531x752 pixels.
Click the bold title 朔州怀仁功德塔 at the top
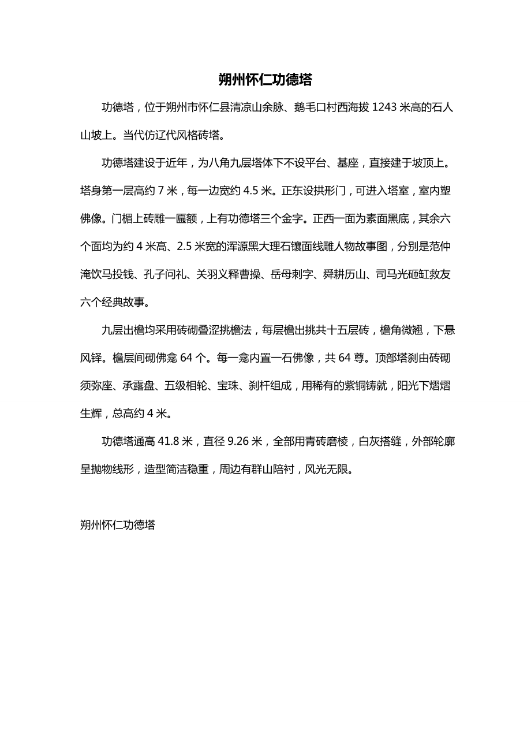coord(265,80)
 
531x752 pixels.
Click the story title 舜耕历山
coord(347,274)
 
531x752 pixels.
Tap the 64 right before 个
coord(186,358)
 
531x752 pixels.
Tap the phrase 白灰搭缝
coord(380,442)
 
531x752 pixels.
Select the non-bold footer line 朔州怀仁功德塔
coord(118,525)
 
